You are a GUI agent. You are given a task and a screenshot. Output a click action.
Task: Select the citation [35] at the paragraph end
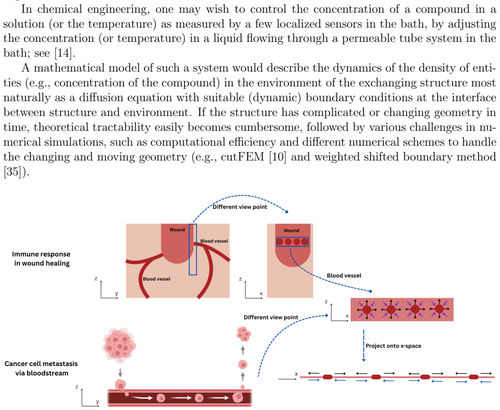12,172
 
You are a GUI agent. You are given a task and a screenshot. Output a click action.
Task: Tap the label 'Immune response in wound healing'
41,259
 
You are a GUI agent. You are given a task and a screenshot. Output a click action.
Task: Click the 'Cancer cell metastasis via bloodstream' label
41,368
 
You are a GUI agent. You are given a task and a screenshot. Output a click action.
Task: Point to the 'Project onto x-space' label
393,346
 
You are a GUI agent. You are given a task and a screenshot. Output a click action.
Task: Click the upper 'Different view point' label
240,207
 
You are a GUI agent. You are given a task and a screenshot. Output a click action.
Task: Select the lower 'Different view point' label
271,317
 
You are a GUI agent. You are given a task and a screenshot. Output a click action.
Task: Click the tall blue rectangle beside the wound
192,249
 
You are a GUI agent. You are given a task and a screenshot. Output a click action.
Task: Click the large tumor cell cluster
119,345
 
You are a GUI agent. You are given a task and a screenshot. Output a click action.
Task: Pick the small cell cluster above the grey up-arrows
243,334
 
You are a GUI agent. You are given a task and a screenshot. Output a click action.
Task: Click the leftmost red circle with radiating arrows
367,309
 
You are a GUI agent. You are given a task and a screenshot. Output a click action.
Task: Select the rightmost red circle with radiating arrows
439,309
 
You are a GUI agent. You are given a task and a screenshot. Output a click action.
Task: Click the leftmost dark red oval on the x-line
328,377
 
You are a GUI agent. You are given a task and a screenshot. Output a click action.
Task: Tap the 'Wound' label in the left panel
177,230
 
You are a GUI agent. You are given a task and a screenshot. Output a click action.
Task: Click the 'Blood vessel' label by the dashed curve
344,276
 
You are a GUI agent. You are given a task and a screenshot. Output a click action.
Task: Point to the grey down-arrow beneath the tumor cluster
120,372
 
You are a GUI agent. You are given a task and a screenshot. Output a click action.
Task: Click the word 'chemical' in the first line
60,9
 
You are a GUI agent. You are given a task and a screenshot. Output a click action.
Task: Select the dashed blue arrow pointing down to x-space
363,346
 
